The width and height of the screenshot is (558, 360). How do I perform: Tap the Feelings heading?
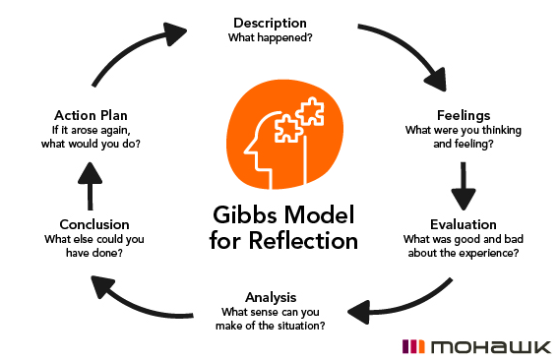463,114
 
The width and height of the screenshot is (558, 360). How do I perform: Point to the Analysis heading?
270,297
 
